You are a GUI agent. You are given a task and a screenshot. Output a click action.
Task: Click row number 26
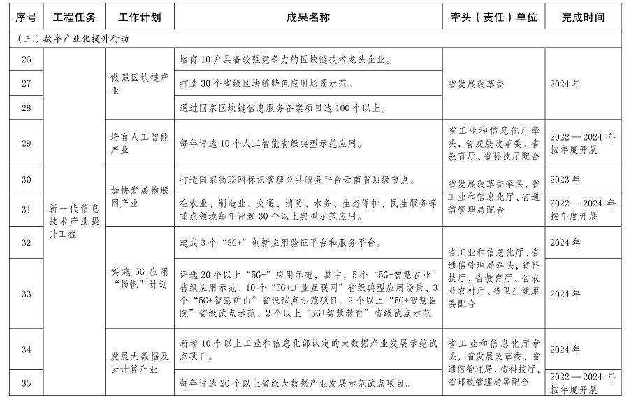coord(27,59)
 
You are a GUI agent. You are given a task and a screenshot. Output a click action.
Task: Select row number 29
coord(27,143)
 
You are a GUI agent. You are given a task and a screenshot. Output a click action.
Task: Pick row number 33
coord(27,294)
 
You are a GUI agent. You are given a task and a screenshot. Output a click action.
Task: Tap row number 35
coord(27,383)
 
